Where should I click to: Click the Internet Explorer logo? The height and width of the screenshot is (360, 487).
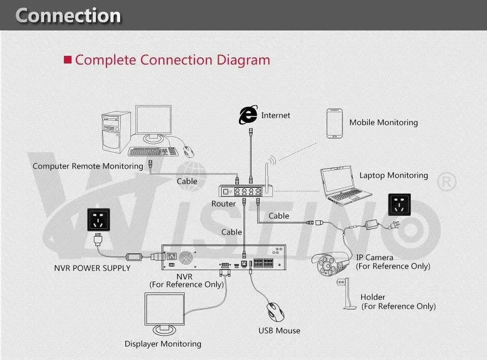[248, 115]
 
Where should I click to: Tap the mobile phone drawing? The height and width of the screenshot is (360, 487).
[334, 123]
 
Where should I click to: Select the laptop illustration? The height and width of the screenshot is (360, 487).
[345, 185]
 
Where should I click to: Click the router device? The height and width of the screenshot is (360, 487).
[246, 191]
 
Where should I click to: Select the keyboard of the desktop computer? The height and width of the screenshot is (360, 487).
[153, 151]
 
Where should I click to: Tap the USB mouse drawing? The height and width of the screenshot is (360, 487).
[275, 312]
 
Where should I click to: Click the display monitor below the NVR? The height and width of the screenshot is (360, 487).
[164, 314]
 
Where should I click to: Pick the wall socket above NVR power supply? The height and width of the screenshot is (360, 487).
[98, 220]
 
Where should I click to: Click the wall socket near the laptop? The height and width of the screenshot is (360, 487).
[399, 204]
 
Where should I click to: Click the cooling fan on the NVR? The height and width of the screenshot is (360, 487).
[186, 258]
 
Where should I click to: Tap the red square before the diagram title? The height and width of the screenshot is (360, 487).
[67, 60]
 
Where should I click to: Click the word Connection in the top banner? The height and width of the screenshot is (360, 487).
[68, 16]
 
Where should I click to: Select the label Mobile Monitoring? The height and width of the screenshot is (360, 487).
[384, 122]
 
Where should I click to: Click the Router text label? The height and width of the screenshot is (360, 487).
[223, 204]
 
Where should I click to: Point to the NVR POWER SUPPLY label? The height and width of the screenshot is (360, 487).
[92, 268]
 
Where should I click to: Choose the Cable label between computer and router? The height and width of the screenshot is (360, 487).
[187, 181]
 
